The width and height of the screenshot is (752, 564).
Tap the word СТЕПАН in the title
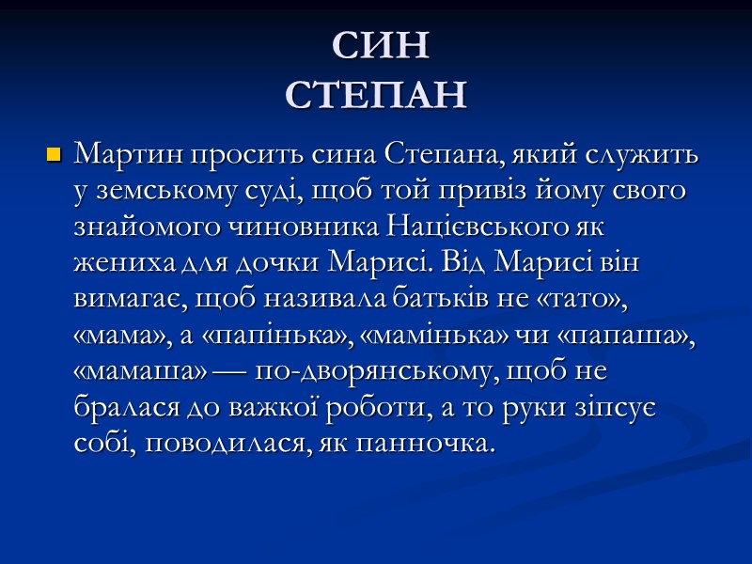tap(377, 94)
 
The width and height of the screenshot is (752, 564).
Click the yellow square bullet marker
tap(54, 153)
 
